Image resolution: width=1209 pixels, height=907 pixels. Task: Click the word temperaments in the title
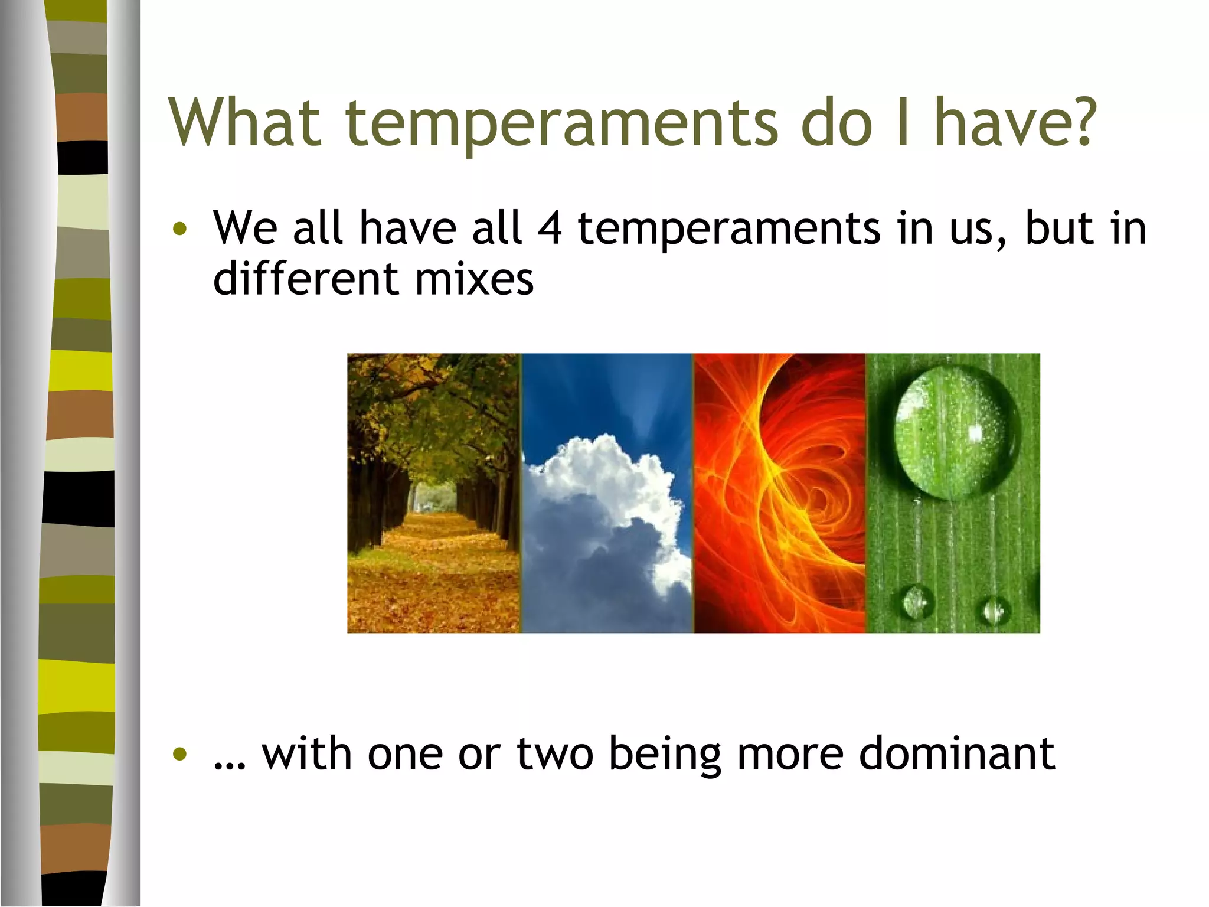[561, 124]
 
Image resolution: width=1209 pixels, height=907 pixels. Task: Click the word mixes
[474, 279]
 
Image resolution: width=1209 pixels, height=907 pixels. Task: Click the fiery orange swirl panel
[779, 492]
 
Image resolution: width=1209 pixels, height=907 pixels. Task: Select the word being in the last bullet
[664, 755]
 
